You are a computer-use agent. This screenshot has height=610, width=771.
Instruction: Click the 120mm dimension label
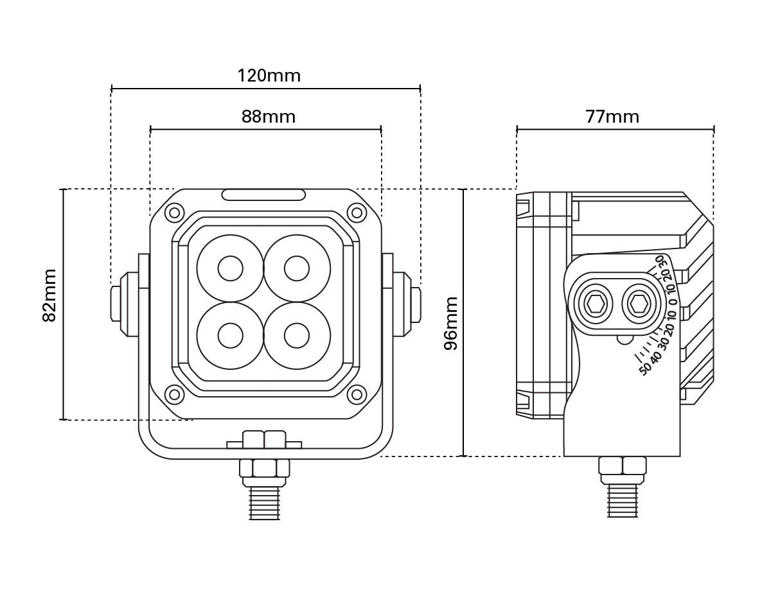(269, 76)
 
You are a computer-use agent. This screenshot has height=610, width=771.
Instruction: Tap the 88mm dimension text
(269, 117)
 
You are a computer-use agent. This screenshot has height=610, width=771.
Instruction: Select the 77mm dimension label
(612, 117)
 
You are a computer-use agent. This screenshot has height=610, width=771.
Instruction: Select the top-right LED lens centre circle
(297, 268)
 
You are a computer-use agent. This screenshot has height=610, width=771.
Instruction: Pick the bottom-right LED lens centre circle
(297, 335)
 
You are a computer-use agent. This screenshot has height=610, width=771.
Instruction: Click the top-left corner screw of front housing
(173, 212)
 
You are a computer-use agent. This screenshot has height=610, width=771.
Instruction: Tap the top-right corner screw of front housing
(354, 212)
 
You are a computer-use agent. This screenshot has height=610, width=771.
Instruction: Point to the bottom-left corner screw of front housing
(173, 394)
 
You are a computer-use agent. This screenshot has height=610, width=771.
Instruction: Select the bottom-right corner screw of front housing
(354, 394)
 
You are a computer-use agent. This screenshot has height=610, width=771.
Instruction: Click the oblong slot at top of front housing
(263, 195)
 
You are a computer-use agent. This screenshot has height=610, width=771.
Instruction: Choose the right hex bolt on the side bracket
(639, 301)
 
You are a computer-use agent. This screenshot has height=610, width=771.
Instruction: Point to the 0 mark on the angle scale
(672, 302)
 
